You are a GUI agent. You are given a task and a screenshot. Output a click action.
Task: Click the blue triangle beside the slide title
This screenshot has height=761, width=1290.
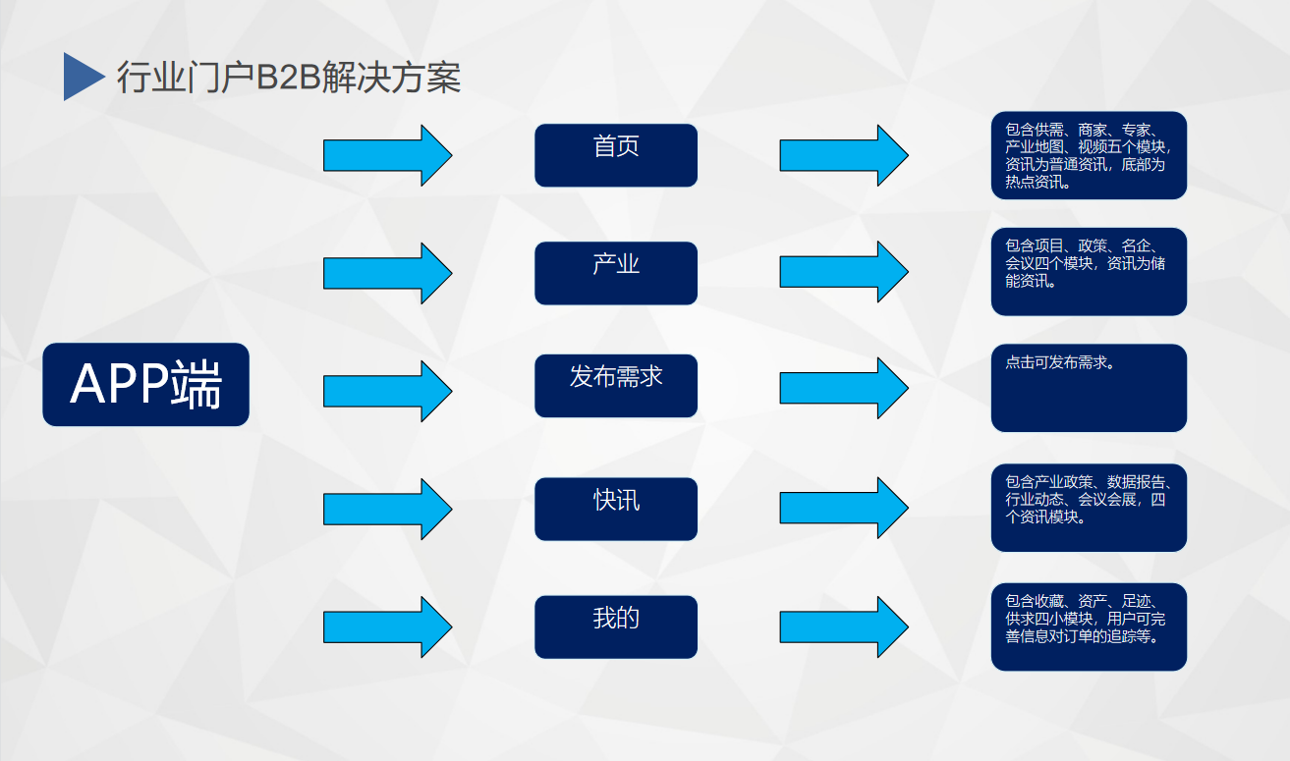[81, 77]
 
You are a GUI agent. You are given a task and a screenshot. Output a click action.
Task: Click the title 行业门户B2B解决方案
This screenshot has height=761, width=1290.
[289, 78]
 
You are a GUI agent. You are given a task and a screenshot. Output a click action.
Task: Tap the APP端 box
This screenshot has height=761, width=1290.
[145, 385]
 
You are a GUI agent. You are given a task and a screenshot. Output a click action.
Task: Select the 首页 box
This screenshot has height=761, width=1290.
[616, 155]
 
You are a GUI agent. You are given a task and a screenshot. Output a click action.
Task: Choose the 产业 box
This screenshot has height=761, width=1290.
[616, 273]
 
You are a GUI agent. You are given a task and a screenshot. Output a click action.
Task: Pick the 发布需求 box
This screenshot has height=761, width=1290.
[616, 386]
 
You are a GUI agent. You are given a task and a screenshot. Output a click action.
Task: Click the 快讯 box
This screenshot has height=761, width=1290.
[616, 509]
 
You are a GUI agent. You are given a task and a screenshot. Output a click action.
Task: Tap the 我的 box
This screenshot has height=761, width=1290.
[616, 626]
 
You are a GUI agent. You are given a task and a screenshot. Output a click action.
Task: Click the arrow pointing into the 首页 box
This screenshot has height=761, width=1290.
[387, 155]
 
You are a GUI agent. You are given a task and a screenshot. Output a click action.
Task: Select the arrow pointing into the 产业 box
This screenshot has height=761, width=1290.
[387, 273]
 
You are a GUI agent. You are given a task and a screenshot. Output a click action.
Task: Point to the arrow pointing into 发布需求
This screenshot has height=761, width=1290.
[387, 391]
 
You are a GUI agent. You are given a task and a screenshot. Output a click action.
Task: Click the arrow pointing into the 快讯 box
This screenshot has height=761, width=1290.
[387, 509]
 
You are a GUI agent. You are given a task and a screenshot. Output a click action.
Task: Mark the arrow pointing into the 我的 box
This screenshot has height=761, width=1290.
[387, 626]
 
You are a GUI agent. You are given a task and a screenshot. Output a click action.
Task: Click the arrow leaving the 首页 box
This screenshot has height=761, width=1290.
[844, 155]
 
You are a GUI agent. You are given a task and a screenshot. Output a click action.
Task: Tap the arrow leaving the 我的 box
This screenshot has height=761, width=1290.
[844, 626]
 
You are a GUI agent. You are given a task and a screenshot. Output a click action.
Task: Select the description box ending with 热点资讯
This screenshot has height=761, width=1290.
[1089, 155]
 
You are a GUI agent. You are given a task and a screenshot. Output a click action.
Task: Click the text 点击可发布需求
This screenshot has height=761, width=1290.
[1060, 362]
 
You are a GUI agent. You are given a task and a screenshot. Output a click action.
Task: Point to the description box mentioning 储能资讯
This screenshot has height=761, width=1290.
[1089, 272]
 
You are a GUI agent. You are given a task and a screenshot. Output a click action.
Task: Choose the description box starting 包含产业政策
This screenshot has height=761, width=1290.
[1089, 508]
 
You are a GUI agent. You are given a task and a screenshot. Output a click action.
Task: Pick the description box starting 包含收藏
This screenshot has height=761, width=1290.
[1089, 626]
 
